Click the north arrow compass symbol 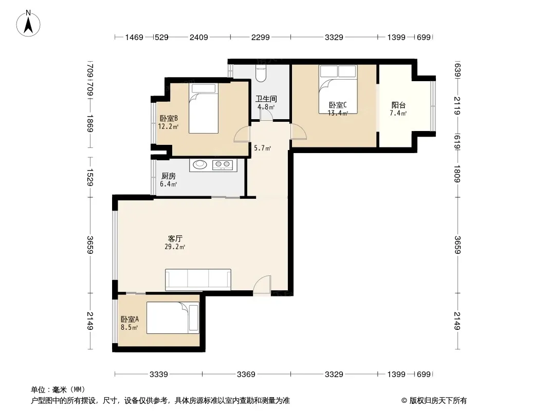[28, 24]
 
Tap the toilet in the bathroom [261, 72]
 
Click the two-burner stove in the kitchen [223, 164]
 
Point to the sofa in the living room [198, 279]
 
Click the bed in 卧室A [173, 318]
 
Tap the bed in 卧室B [204, 108]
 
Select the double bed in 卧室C [338, 89]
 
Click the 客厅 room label [175, 239]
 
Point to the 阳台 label [398, 105]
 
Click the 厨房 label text [169, 176]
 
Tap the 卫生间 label [266, 99]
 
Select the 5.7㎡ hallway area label [263, 148]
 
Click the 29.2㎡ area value [175, 247]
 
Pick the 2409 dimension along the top [199, 37]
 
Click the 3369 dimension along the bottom [246, 375]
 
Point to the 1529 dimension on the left [90, 177]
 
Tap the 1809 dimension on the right [458, 174]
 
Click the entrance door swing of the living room [262, 285]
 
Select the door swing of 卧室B [242, 134]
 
